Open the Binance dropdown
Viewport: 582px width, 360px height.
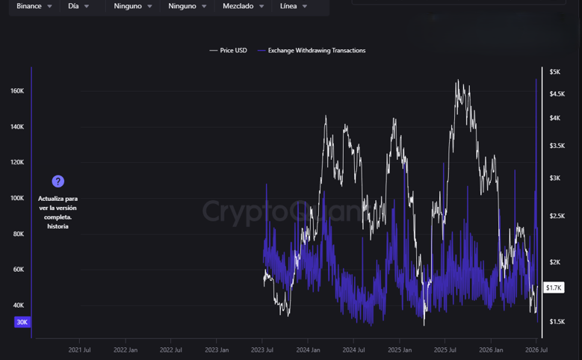(34, 6)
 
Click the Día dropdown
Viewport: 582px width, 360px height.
(78, 6)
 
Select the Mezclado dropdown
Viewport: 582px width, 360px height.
(243, 6)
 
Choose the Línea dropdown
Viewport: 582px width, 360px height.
(293, 6)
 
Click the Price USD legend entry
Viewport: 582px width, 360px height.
(229, 51)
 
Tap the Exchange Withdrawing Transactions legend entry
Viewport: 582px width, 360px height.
(312, 51)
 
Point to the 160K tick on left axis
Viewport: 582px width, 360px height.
(17, 91)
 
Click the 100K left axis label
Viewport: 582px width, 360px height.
(17, 198)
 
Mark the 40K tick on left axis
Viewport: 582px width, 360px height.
(19, 305)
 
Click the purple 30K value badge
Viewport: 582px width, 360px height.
(22, 322)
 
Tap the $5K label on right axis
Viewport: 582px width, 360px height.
(555, 72)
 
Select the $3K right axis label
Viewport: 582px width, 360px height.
(555, 179)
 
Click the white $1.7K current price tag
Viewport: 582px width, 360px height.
(554, 288)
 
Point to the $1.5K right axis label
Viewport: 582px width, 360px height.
(557, 322)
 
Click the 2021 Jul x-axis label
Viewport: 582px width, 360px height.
(79, 350)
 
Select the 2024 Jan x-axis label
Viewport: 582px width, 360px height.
(308, 350)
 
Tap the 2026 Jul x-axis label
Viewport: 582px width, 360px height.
(536, 350)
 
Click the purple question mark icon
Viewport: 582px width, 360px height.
(58, 181)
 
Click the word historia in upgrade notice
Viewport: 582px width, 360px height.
(58, 226)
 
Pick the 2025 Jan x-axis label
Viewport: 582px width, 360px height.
(400, 350)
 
